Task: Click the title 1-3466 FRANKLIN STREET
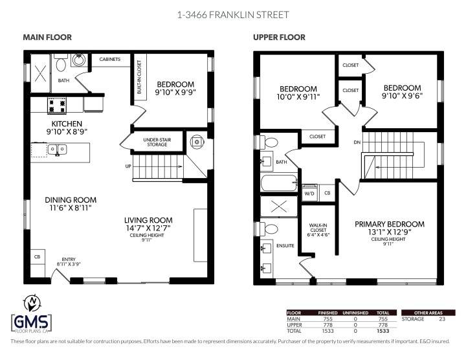pyautogui.click(x=232, y=14)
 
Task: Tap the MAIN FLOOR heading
pyautogui.click(x=47, y=38)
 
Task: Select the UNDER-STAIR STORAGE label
pyautogui.click(x=156, y=141)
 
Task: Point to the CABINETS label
pyautogui.click(x=109, y=59)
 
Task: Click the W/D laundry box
pyautogui.click(x=309, y=193)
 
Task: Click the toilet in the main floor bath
pyautogui.click(x=61, y=65)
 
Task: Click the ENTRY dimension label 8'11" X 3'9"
pyautogui.click(x=69, y=262)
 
